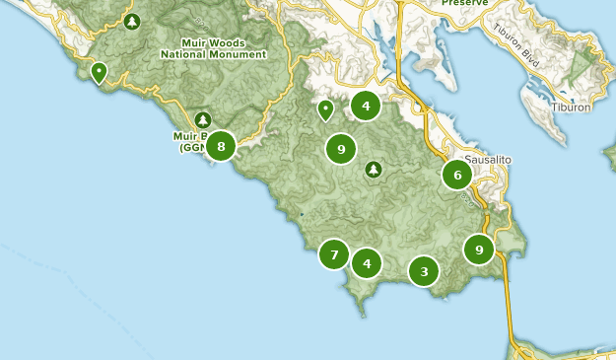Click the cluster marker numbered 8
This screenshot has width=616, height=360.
point(221,147)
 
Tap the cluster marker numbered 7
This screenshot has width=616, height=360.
point(334,254)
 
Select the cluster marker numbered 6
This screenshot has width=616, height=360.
point(456,176)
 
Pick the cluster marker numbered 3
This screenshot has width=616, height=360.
point(424,271)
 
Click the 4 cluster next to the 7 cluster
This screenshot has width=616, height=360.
point(367,263)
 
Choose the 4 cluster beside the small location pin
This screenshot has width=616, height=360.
point(366,106)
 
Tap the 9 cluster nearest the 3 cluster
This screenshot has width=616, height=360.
point(479,249)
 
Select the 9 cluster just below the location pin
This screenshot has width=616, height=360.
point(341,149)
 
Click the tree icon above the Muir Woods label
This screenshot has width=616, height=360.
point(132,21)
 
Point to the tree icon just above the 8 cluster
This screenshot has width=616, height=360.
point(203,120)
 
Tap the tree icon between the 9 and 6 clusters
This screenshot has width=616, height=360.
point(374,170)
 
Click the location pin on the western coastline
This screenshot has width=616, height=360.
point(99,72)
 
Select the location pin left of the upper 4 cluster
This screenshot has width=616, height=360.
point(325,109)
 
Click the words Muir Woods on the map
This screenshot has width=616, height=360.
point(215,42)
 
